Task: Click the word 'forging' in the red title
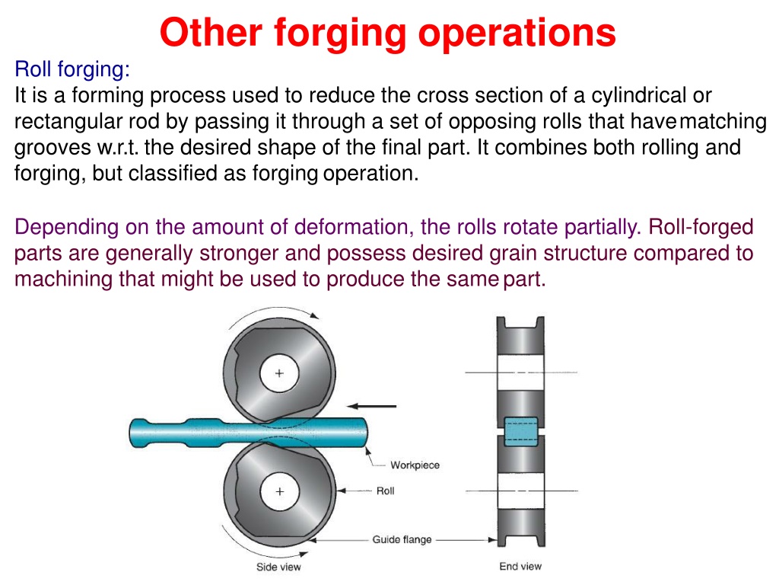[340, 34]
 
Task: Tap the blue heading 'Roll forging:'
[72, 69]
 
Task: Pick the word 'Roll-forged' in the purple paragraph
[701, 227]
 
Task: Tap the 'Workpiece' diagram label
[415, 465]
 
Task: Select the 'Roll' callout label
[385, 491]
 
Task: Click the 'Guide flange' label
[402, 540]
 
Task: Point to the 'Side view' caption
[278, 567]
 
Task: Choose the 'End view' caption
[520, 566]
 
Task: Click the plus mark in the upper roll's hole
[279, 373]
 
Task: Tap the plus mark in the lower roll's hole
[280, 491]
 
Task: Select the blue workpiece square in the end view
[520, 431]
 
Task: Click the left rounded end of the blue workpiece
[134, 433]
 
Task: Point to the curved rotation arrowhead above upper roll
[314, 315]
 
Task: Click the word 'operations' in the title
[517, 34]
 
